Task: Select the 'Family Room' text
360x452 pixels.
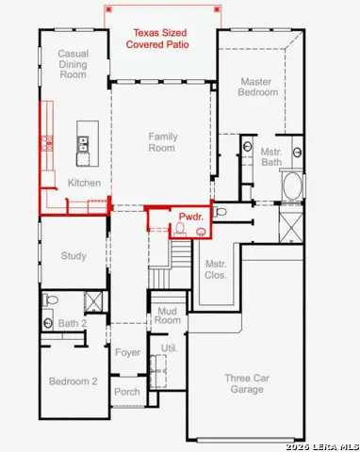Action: coord(162,142)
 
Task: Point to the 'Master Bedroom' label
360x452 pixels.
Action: coord(258,88)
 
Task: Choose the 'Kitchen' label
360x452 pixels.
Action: coord(84,183)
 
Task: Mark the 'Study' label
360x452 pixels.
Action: coord(74,255)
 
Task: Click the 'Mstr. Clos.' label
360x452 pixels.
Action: coord(215,269)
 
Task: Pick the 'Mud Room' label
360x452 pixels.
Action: coord(168,315)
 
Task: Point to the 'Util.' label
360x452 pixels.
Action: coord(170,347)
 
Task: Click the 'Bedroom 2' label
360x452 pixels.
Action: coord(74,380)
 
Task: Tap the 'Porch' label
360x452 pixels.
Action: coord(127,392)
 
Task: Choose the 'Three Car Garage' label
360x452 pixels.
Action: coord(243,383)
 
